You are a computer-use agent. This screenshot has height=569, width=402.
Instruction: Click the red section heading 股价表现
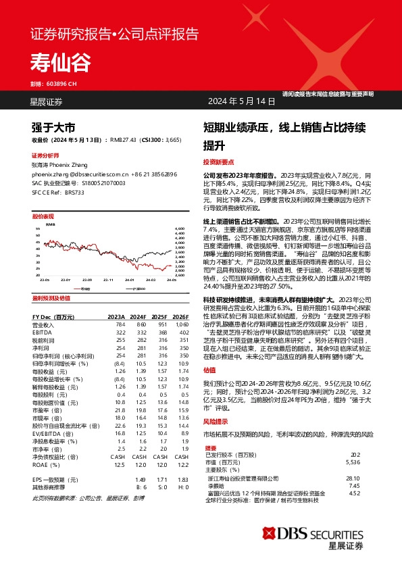[x=43, y=216]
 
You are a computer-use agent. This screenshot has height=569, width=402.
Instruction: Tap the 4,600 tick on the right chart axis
[x=180, y=230]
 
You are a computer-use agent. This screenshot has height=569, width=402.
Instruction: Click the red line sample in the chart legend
[x=74, y=269]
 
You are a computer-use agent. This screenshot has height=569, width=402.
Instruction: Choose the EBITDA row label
[x=43, y=313]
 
